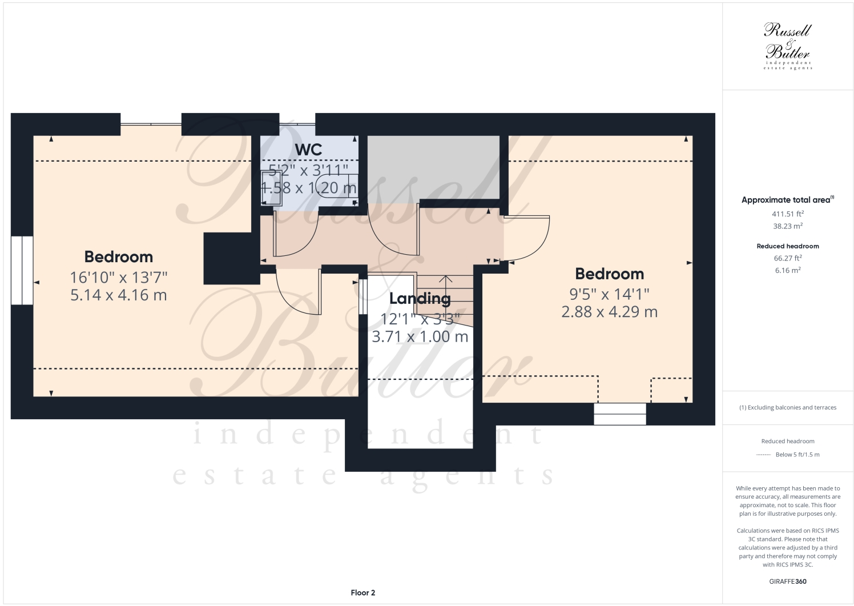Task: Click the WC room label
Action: (308, 150)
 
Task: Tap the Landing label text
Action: (420, 298)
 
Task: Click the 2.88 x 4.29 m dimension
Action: (609, 312)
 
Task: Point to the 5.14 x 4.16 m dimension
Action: (118, 295)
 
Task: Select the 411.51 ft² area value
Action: (788, 214)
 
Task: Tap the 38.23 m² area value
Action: (788, 226)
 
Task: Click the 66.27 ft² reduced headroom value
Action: (788, 258)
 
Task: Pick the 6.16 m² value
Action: (788, 270)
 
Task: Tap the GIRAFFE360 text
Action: (788, 582)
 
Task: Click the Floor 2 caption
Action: (362, 593)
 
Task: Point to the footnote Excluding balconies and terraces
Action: (788, 407)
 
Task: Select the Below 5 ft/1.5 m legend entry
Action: (797, 455)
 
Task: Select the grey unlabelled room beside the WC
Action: (433, 168)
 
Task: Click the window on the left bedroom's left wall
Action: (22, 270)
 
